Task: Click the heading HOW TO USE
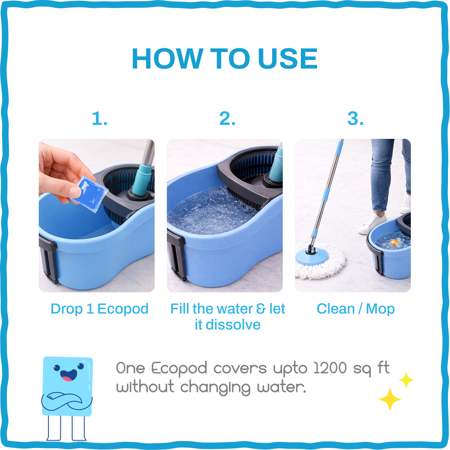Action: point(225,59)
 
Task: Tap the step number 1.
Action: point(100,119)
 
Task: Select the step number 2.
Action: point(227,119)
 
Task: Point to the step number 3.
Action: point(355,119)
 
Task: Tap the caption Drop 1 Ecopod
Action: point(100,309)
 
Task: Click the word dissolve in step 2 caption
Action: point(233,325)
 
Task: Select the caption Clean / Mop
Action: point(355,309)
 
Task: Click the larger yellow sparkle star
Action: point(390,399)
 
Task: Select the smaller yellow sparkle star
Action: point(406,380)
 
